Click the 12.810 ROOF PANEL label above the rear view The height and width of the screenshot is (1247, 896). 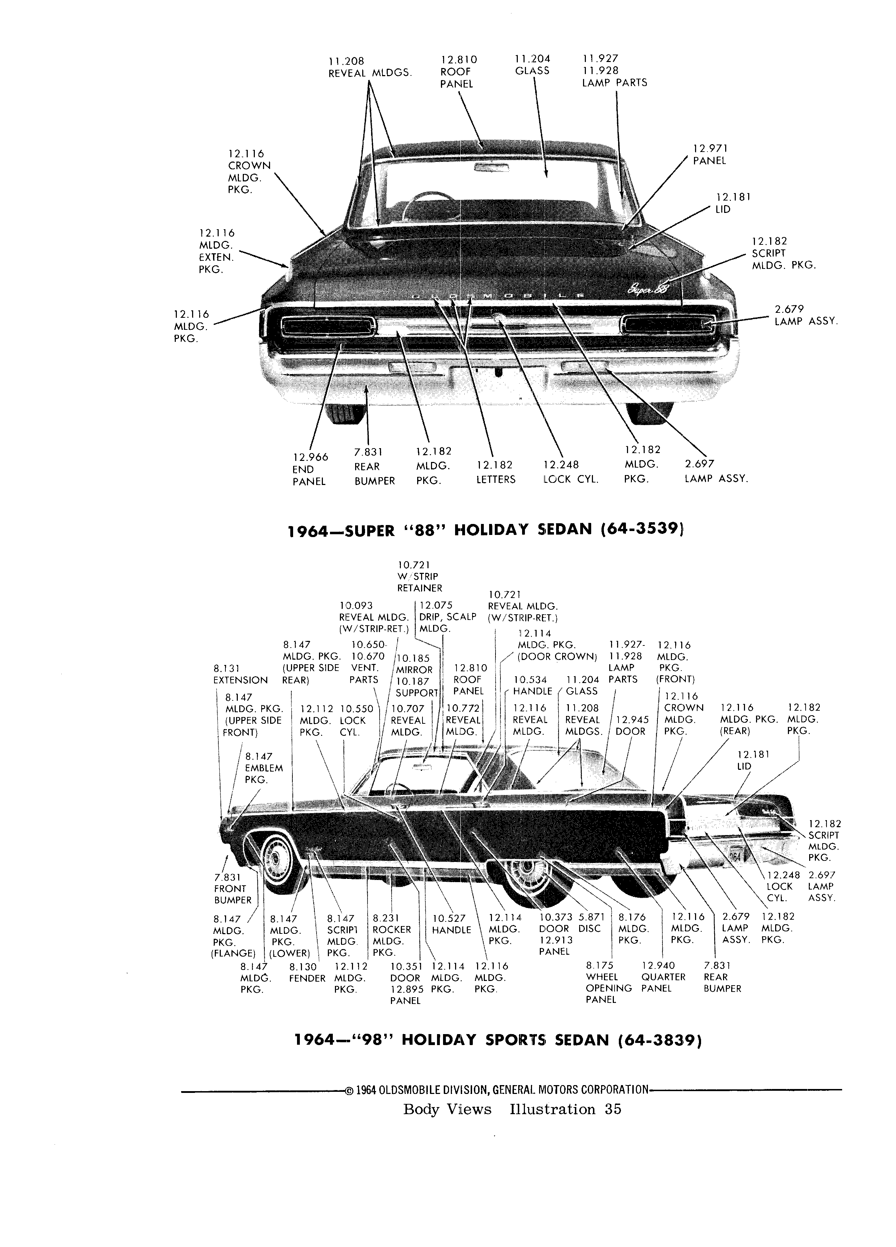(459, 72)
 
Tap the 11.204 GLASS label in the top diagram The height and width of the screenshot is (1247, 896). (532, 65)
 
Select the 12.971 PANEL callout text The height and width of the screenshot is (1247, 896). (710, 154)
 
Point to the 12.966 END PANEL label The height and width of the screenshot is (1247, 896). (310, 469)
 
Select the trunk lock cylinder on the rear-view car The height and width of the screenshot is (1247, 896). (497, 317)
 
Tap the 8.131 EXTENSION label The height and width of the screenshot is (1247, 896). (240, 674)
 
